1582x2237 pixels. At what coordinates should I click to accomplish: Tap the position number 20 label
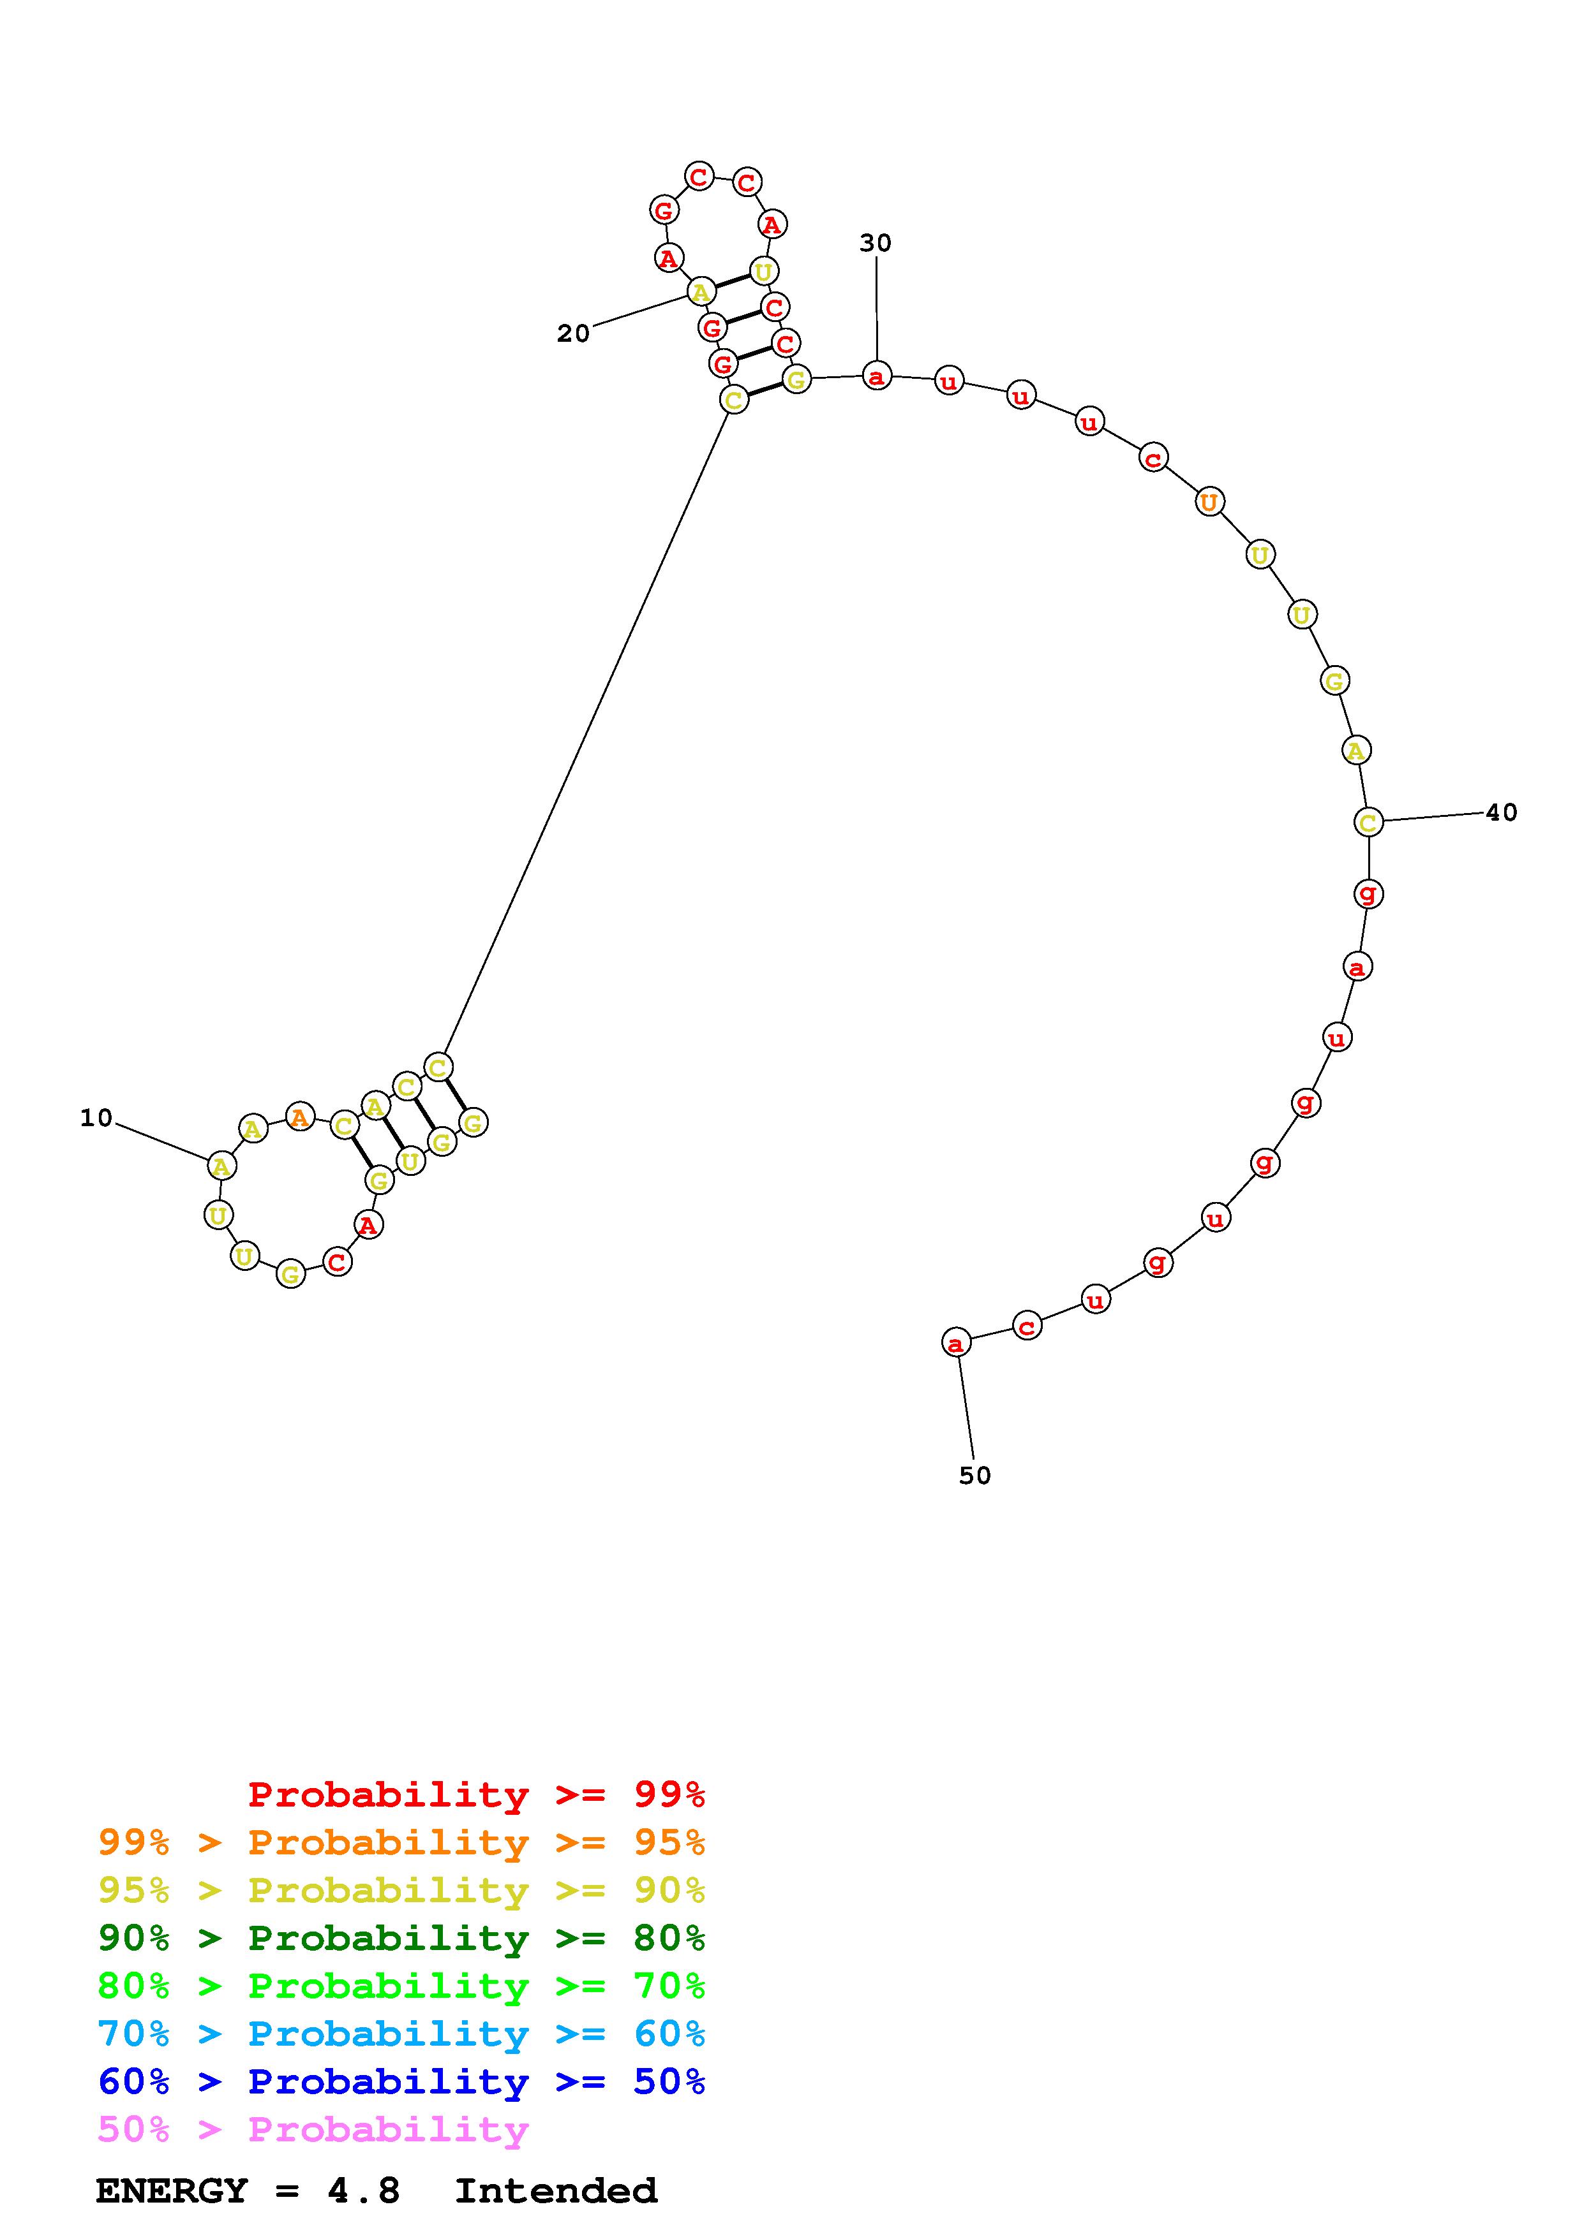[573, 334]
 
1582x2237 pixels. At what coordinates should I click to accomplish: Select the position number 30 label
[876, 242]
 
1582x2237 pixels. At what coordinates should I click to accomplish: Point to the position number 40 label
[1501, 812]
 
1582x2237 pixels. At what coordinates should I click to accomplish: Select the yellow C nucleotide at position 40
[1368, 823]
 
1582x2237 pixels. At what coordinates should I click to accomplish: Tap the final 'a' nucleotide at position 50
[956, 1342]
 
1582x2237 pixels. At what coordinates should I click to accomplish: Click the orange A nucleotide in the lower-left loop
[300, 1117]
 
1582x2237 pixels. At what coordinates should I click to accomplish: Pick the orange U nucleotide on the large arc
[1209, 502]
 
